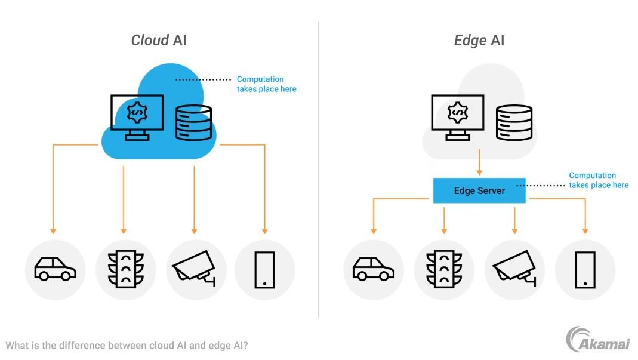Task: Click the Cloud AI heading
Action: pyautogui.click(x=159, y=41)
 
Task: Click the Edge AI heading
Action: pyautogui.click(x=479, y=41)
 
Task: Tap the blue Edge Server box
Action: pyautogui.click(x=479, y=190)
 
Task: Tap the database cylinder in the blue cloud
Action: pyautogui.click(x=193, y=123)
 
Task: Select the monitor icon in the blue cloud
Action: pyautogui.click(x=137, y=117)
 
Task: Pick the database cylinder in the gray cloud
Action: pyautogui.click(x=514, y=123)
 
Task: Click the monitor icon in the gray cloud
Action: pyautogui.click(x=457, y=117)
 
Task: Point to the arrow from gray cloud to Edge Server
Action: pyautogui.click(x=479, y=162)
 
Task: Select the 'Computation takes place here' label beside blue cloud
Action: pyautogui.click(x=266, y=84)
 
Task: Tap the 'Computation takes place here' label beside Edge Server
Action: pyautogui.click(x=598, y=180)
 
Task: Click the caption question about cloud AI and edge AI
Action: pyautogui.click(x=126, y=346)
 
